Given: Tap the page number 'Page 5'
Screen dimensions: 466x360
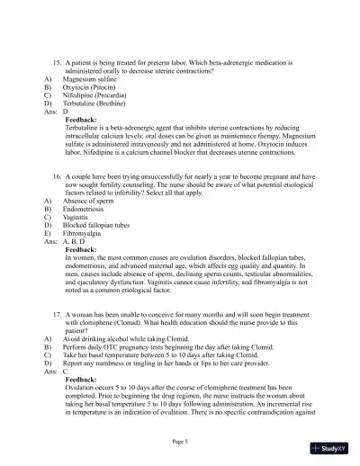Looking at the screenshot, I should point(181,441).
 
